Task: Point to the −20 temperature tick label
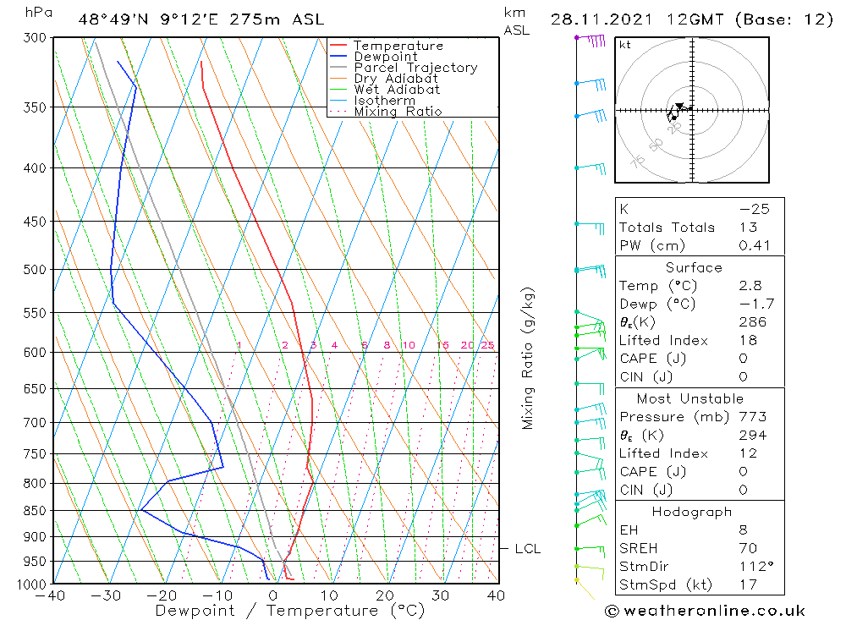[161, 595]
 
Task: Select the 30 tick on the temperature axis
[441, 595]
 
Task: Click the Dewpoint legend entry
[385, 57]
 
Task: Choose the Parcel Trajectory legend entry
[415, 68]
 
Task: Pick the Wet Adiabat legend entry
[397, 90]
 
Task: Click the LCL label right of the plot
[528, 549]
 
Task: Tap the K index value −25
[754, 209]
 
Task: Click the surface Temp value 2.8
[750, 286]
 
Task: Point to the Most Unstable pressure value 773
[752, 417]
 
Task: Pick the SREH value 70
[747, 548]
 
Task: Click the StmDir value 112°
[753, 566]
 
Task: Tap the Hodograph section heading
[693, 512]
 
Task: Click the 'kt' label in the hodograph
[625, 45]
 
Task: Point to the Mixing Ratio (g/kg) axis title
[528, 358]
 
